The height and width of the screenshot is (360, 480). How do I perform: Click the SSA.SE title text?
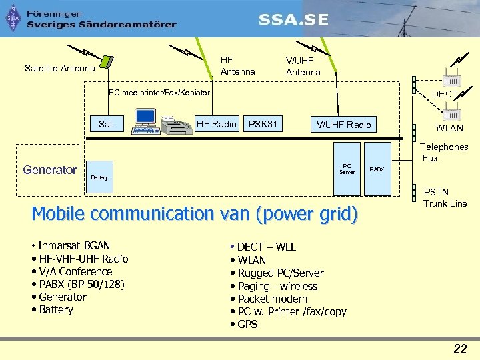pyautogui.click(x=293, y=19)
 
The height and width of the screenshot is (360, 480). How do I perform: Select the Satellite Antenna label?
pyautogui.click(x=60, y=68)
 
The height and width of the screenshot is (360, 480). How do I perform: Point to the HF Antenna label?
pyautogui.click(x=237, y=66)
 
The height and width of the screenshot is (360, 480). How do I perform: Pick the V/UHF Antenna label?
pyautogui.click(x=303, y=66)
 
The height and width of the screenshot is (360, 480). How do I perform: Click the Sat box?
pyautogui.click(x=105, y=124)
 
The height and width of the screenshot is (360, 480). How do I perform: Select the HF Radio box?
pyautogui.click(x=216, y=124)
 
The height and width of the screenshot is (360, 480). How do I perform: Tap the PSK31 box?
pyautogui.click(x=263, y=124)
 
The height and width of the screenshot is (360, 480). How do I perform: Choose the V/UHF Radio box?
pyautogui.click(x=343, y=125)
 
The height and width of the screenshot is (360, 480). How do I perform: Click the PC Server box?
pyautogui.click(x=347, y=169)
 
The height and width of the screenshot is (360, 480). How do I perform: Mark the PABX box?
pyautogui.click(x=377, y=169)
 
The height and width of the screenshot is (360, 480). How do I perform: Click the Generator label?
pyautogui.click(x=50, y=170)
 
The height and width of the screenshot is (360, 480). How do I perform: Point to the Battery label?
pyautogui.click(x=99, y=178)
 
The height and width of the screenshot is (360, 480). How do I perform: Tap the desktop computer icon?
pyautogui.click(x=145, y=120)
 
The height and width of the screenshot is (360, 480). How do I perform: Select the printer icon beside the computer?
pyautogui.click(x=175, y=125)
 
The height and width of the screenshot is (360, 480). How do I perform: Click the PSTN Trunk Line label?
pyautogui.click(x=445, y=198)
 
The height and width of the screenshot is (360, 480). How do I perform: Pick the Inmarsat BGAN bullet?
pyautogui.click(x=73, y=246)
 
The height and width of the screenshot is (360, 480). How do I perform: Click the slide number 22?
pyautogui.click(x=460, y=347)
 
